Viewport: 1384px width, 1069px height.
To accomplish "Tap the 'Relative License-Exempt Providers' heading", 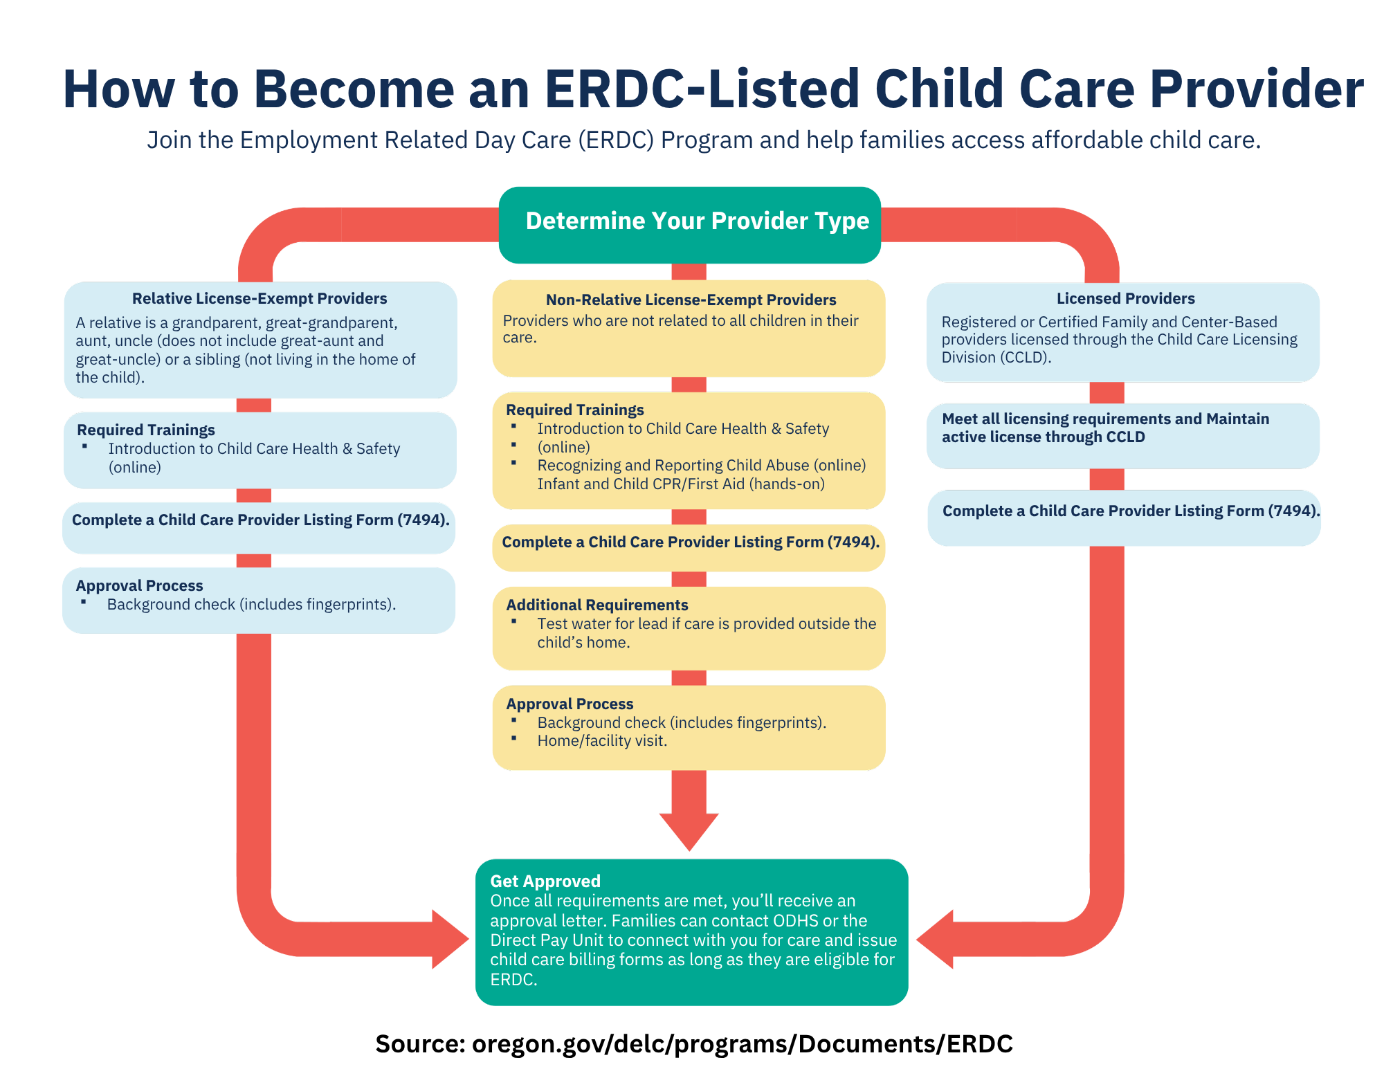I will tap(259, 298).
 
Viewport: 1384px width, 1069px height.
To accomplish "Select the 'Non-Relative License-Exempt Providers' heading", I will tap(691, 300).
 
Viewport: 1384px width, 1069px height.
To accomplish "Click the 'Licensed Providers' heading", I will tap(1125, 298).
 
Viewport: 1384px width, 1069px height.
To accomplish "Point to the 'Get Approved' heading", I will tap(545, 881).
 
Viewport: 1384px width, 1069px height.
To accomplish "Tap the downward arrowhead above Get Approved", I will tap(689, 830).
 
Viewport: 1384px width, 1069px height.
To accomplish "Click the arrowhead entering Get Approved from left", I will tap(450, 939).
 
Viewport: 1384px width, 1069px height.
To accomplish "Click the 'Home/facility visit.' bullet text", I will tap(601, 741).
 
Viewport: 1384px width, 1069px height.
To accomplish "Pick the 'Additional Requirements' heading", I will tap(597, 605).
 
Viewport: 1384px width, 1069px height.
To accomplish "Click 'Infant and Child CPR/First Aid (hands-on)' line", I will tap(681, 484).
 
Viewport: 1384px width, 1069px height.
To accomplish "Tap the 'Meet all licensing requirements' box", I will tap(1122, 435).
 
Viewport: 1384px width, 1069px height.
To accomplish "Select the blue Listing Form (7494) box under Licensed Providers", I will tap(1123, 517).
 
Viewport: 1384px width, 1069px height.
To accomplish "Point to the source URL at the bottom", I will tap(693, 1043).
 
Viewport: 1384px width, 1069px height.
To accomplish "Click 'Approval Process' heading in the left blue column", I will tap(139, 585).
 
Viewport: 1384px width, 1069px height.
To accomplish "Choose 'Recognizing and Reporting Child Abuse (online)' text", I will tap(701, 465).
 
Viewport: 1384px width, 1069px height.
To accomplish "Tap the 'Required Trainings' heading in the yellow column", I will tap(574, 410).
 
